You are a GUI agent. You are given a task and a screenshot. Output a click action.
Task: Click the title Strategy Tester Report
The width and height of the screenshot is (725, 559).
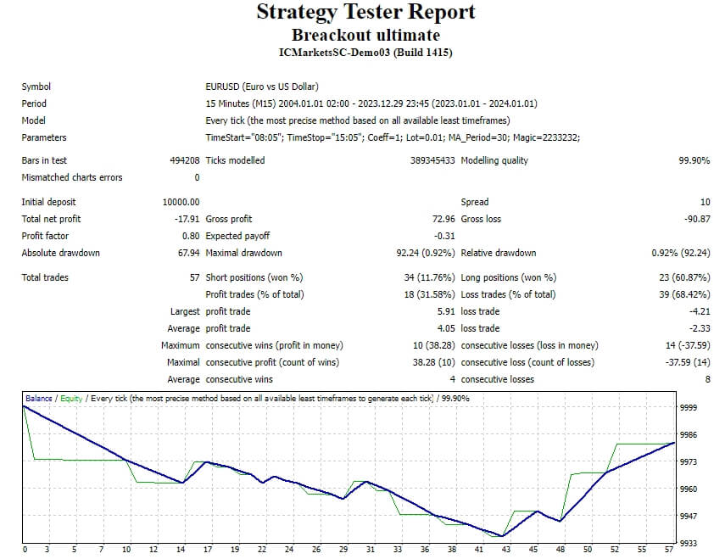(365, 13)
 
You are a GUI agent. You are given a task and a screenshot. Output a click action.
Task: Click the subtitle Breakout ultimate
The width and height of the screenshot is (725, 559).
(365, 35)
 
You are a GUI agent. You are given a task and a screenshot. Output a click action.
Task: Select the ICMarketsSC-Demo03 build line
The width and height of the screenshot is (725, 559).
(365, 53)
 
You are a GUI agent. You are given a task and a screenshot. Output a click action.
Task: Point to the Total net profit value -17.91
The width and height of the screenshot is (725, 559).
(186, 219)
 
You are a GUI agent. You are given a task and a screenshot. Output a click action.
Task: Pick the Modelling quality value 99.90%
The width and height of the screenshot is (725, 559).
(694, 160)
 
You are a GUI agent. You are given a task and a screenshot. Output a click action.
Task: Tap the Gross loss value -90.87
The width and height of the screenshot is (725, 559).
(695, 219)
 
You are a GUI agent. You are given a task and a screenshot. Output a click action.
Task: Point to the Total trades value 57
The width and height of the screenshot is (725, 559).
(194, 277)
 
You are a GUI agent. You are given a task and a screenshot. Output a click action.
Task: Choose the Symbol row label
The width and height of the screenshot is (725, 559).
(36, 87)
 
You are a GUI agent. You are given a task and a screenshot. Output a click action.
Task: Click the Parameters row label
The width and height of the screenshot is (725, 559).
(43, 137)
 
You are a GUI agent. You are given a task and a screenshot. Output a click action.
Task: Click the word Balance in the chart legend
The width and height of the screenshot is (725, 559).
(38, 398)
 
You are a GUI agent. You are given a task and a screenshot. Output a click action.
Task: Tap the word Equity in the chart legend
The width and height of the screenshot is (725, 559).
(71, 398)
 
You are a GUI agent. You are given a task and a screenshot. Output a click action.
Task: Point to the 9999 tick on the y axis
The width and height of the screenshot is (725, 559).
(689, 408)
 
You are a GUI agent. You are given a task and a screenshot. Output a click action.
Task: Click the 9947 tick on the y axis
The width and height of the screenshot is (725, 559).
(689, 517)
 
